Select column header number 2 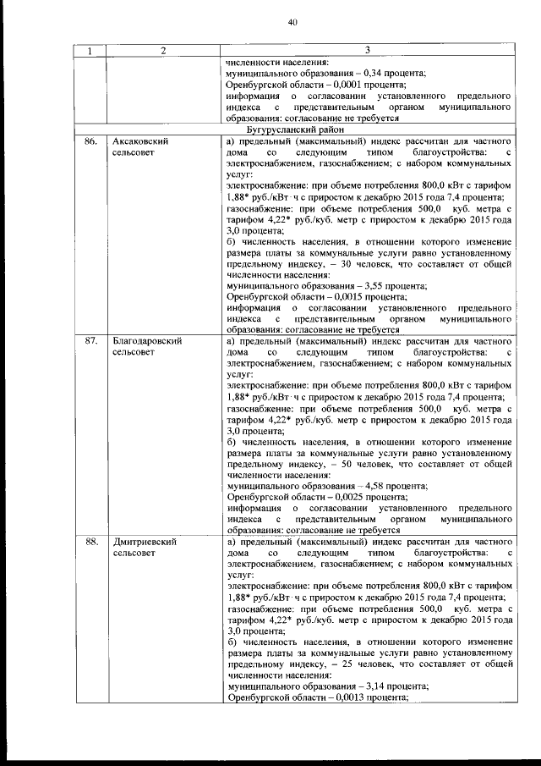tap(162, 51)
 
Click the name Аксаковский tap(143, 141)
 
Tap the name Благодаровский tap(149, 341)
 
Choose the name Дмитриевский tap(145, 541)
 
